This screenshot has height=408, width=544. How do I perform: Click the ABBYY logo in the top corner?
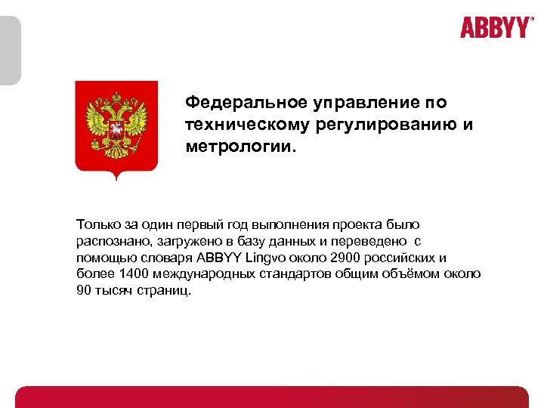[496, 28]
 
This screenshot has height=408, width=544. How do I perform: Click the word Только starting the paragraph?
[98, 224]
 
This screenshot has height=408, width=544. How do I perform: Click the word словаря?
[161, 258]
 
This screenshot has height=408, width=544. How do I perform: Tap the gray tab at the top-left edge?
[10, 50]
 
